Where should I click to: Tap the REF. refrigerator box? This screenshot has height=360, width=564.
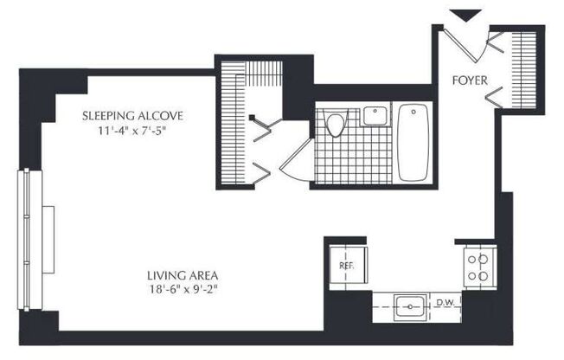tap(346, 266)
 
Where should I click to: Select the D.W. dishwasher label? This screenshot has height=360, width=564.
tap(445, 303)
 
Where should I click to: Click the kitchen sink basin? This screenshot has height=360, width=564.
tap(408, 306)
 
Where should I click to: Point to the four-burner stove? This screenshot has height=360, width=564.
tap(477, 267)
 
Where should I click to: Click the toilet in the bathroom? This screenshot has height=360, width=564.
tap(337, 125)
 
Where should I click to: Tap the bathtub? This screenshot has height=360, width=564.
tap(413, 143)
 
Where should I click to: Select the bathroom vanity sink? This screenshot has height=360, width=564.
tap(375, 115)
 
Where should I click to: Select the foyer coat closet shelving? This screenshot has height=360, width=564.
tap(522, 65)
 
